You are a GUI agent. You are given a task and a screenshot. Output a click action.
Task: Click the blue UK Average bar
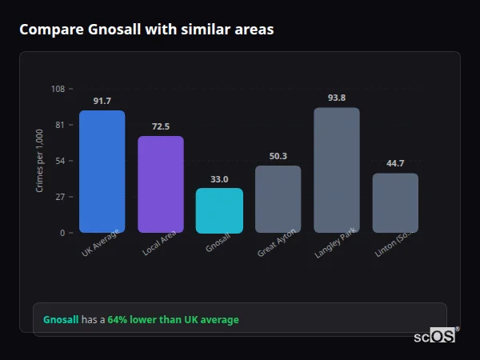pyautogui.click(x=102, y=171)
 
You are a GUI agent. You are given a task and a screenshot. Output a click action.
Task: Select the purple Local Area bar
pyautogui.click(x=161, y=184)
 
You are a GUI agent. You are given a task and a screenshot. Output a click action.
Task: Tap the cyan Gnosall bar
pyautogui.click(x=219, y=210)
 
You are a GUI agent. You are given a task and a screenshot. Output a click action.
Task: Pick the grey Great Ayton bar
pyautogui.click(x=278, y=199)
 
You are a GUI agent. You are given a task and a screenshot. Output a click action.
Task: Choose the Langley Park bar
pyautogui.click(x=337, y=170)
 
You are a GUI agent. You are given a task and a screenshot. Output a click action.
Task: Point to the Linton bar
pyautogui.click(x=395, y=202)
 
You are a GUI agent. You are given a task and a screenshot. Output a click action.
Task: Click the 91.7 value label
pyautogui.click(x=102, y=101)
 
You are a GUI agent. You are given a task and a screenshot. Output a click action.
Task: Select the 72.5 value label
pyautogui.click(x=161, y=126)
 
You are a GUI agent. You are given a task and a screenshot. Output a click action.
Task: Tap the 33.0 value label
pyautogui.click(x=219, y=179)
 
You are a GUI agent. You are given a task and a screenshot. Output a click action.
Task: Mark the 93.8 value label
pyautogui.click(x=337, y=98)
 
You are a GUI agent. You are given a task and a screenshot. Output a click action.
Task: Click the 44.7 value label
pyautogui.click(x=395, y=163)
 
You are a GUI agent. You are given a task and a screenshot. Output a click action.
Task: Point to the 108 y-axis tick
pyautogui.click(x=58, y=89)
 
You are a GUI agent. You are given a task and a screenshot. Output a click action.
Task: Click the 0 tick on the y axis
pyautogui.click(x=62, y=233)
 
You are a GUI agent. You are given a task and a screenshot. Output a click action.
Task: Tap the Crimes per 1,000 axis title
pyautogui.click(x=40, y=160)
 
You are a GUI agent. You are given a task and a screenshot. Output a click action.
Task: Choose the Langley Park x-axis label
pyautogui.click(x=335, y=243)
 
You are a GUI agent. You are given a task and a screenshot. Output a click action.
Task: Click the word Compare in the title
pyautogui.click(x=47, y=30)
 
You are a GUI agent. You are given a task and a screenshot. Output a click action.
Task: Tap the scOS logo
pyautogui.click(x=435, y=336)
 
